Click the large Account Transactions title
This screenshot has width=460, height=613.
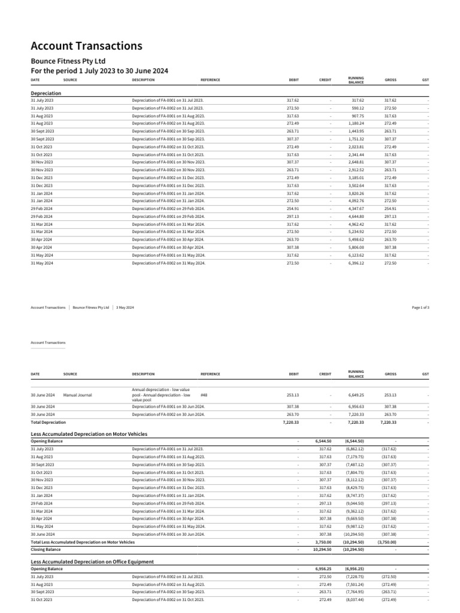point(86,46)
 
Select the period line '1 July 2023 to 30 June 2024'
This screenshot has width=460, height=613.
point(99,71)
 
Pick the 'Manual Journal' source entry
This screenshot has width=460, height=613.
point(77,395)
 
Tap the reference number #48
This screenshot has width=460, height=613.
point(204,395)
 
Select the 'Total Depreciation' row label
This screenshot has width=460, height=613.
point(48,422)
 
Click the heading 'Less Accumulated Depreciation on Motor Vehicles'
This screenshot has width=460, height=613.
point(89,433)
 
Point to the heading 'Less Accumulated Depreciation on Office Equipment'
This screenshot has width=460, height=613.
point(92,562)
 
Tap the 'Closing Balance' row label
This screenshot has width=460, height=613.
point(46,549)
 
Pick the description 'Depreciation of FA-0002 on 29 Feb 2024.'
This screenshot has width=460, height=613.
point(168,208)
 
